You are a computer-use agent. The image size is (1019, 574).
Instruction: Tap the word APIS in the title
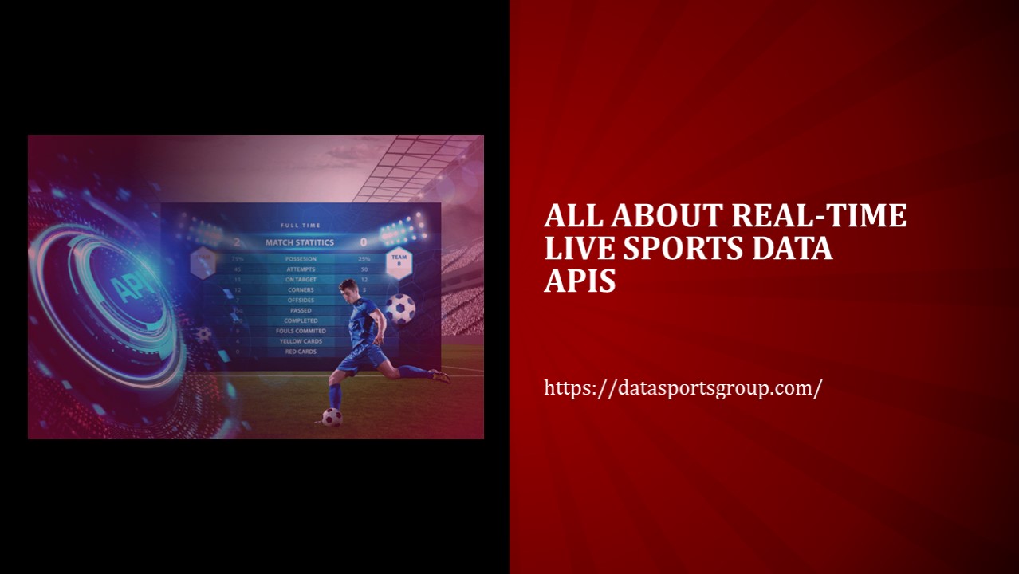tap(580, 280)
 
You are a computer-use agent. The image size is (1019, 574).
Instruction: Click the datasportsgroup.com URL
tap(683, 388)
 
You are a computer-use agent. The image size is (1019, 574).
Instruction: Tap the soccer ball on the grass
tap(332, 416)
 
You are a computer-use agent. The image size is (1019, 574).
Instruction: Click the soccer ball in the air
tap(400, 309)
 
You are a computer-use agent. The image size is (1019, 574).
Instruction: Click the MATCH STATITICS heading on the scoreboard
tap(300, 242)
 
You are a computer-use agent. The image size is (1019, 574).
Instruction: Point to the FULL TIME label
tap(300, 226)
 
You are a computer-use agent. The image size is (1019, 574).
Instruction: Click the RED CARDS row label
tap(301, 352)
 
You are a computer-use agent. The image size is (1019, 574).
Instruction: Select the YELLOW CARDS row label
tap(301, 341)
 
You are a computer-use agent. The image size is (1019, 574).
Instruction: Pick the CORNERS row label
tap(301, 290)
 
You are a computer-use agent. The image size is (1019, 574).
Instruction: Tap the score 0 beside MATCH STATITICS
tap(364, 242)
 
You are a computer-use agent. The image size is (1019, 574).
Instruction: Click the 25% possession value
tap(364, 259)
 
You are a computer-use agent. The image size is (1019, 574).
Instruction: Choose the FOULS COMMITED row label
tap(301, 331)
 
